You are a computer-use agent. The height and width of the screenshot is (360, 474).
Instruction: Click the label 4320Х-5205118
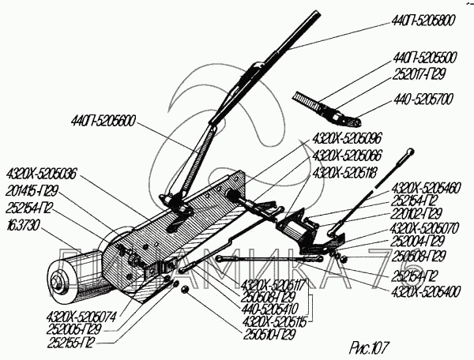point(346,171)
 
